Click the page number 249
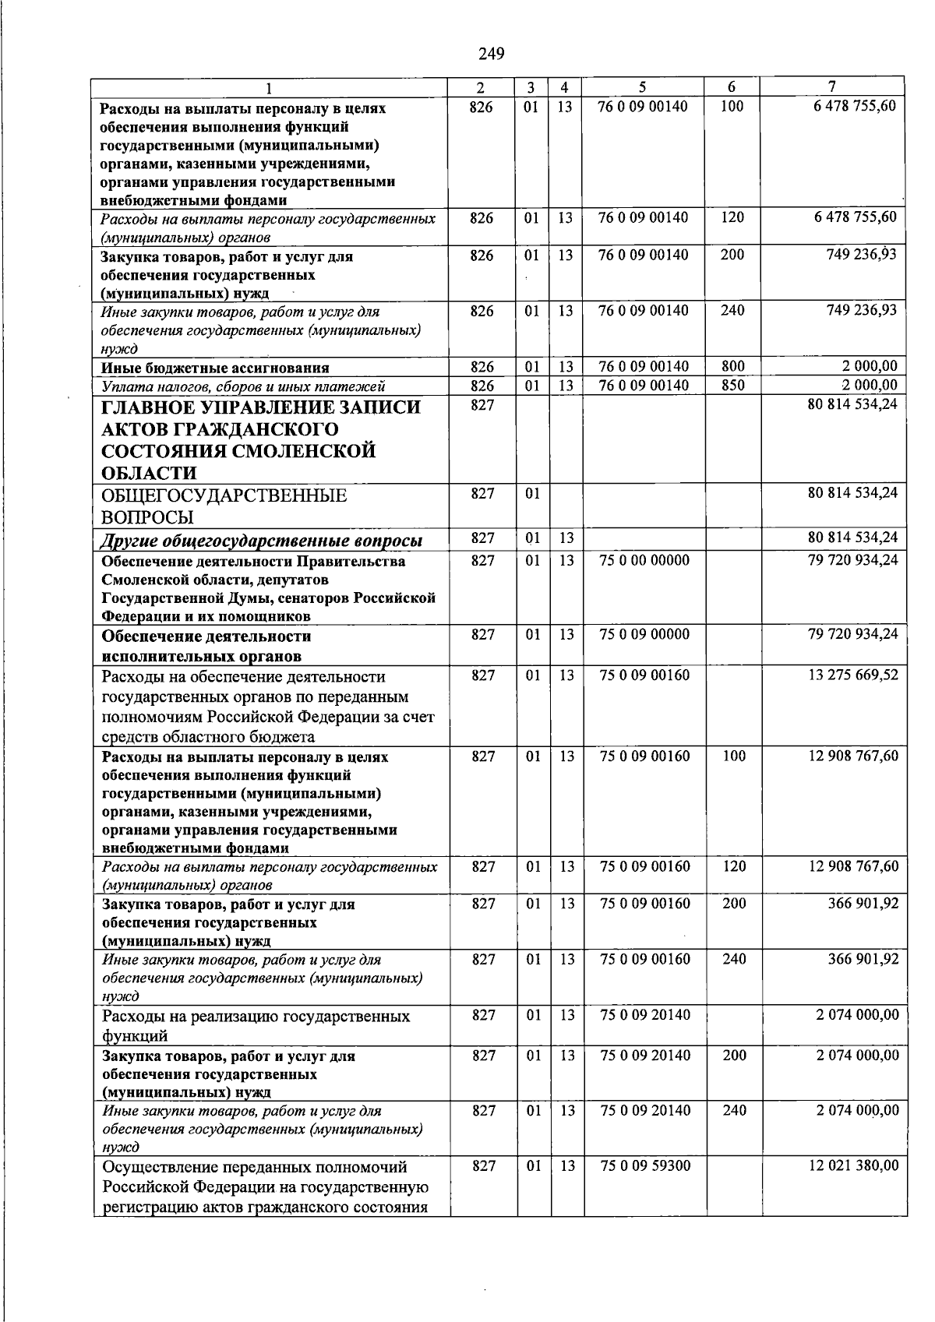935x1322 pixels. [491, 54]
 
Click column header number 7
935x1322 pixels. [832, 87]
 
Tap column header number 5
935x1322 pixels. [643, 87]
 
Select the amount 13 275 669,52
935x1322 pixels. [853, 675]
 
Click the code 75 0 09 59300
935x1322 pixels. [645, 1166]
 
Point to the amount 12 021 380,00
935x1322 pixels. [854, 1166]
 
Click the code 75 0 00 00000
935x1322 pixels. [644, 561]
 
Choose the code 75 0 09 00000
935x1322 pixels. [644, 635]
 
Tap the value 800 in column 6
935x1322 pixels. [732, 367]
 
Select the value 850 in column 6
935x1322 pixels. [732, 385]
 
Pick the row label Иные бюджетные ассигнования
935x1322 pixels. [215, 368]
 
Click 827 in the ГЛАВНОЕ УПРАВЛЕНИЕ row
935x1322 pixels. [482, 407]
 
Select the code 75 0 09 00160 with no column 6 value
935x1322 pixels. [644, 675]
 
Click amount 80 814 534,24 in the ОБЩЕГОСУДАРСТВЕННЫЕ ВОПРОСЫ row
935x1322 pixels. [852, 493]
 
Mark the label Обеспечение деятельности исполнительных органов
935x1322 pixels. [206, 646]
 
